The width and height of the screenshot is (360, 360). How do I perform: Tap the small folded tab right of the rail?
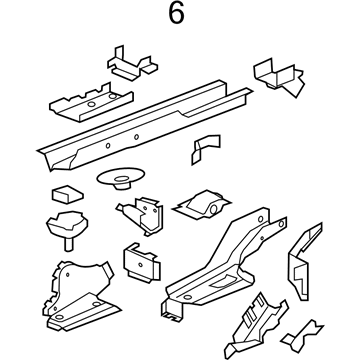pos(205,151)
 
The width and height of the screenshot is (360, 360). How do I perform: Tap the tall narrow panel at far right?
pos(299,264)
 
